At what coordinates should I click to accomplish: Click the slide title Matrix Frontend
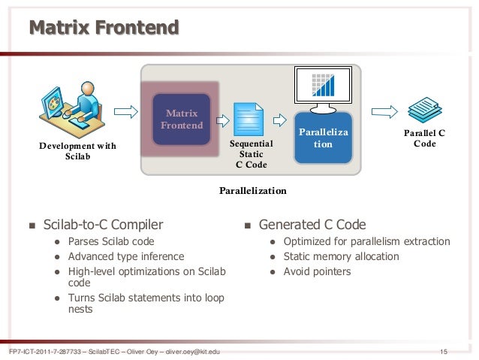point(104,29)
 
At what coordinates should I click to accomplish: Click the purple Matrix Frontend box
point(182,119)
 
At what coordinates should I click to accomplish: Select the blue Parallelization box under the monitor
point(323,138)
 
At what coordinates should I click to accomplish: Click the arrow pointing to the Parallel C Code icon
point(384,113)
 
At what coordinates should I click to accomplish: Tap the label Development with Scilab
point(78,150)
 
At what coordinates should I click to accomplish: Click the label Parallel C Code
point(424,138)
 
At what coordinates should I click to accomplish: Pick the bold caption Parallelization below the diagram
point(253,190)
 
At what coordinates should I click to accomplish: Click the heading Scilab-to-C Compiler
point(103,224)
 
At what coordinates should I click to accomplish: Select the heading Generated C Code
point(312,224)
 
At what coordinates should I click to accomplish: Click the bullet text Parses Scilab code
point(111,241)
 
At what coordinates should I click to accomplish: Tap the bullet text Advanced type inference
point(125,256)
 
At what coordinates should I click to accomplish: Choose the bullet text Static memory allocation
point(341,256)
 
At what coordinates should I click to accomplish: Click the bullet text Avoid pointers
point(317,271)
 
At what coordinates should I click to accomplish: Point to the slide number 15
point(443,352)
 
